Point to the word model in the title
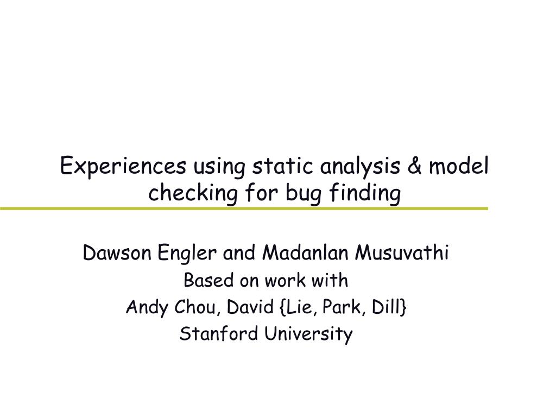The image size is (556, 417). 459,166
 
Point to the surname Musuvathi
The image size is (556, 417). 402,253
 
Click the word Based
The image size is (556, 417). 204,281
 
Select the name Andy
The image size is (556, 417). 143,308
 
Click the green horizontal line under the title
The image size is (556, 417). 244,208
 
